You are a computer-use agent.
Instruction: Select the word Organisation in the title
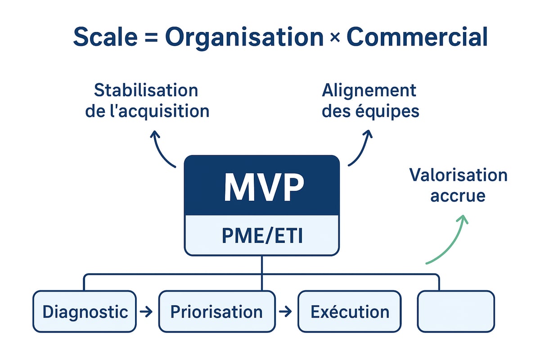(x=244, y=37)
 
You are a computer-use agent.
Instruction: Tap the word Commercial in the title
(x=417, y=37)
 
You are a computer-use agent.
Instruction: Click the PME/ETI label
(x=262, y=236)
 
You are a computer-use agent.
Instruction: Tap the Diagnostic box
(x=85, y=311)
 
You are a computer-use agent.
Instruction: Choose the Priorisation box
(x=216, y=311)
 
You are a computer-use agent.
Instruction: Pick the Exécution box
(x=349, y=311)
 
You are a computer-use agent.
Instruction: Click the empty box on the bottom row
(x=455, y=311)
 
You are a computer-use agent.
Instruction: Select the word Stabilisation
(x=146, y=90)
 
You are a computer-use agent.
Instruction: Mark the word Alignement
(x=369, y=90)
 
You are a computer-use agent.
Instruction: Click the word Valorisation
(x=458, y=175)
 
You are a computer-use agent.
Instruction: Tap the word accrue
(x=458, y=196)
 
